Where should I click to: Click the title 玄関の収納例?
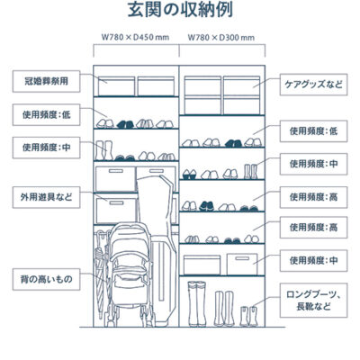point(180,10)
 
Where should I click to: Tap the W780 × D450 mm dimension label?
point(135,37)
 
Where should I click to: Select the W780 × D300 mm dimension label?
point(221,37)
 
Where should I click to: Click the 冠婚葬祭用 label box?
point(46,81)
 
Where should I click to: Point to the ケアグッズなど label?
point(313,85)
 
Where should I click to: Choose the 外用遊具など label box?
point(46,197)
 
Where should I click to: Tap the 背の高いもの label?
point(46,279)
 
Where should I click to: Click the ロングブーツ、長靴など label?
point(313,301)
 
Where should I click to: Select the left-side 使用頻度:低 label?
point(46,114)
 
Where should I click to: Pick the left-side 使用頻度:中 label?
point(46,148)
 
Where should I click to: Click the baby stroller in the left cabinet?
point(130,274)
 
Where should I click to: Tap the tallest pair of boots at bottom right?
point(197,304)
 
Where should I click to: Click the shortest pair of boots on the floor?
point(249,316)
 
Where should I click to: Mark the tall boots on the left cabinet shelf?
point(103,150)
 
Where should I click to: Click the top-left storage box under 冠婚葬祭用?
point(116,86)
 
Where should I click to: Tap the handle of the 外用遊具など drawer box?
point(116,202)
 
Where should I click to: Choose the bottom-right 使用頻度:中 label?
point(313,260)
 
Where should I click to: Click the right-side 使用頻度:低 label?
point(313,131)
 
